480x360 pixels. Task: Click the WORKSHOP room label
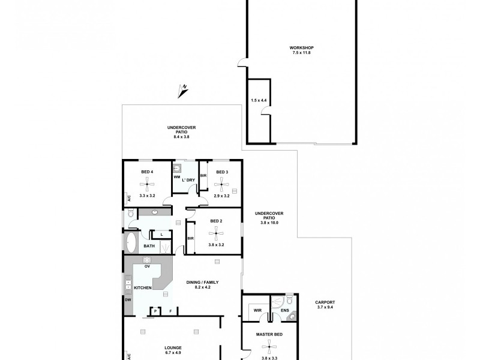[301, 47]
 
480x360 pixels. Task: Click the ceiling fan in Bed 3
[222, 182]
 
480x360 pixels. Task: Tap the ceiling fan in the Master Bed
[270, 346]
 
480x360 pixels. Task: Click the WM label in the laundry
[177, 178]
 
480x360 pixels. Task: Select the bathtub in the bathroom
[131, 244]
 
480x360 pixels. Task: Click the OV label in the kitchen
[146, 266]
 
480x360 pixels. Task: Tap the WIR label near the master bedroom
[257, 310]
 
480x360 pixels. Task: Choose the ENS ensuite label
[286, 311]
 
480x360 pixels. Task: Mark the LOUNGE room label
[173, 347]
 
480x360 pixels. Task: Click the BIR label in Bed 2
[190, 238]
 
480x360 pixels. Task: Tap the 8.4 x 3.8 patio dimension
[181, 137]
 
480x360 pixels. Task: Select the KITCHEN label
[143, 288]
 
